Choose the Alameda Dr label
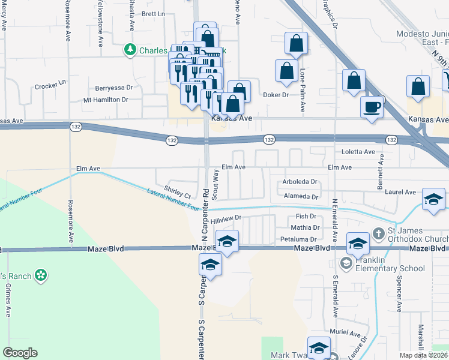[x=301, y=196]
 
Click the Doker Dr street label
[x=276, y=95]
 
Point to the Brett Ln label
[x=153, y=13]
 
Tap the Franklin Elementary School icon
[x=346, y=263]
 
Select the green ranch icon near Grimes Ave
[x=41, y=275]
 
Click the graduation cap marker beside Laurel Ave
[x=433, y=199]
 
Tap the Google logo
[x=19, y=352]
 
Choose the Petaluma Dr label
[x=298, y=239]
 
